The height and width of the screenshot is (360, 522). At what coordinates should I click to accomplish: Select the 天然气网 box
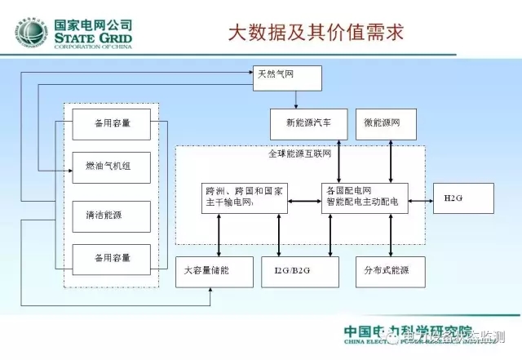pyautogui.click(x=288, y=77)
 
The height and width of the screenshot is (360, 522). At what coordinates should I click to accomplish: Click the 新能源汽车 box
pyautogui.click(x=308, y=123)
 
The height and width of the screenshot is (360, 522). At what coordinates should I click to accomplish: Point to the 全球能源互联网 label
pyautogui.click(x=299, y=153)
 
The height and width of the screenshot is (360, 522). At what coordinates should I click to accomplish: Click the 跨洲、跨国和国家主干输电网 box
pyautogui.click(x=245, y=197)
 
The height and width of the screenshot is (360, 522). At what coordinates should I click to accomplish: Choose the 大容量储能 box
pyautogui.click(x=210, y=270)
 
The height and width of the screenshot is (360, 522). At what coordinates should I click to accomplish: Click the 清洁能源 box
pyautogui.click(x=112, y=216)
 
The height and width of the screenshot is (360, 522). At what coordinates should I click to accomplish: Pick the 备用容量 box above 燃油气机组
pyautogui.click(x=112, y=124)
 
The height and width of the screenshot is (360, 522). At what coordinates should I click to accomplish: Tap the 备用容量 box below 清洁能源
pyautogui.click(x=112, y=259)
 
